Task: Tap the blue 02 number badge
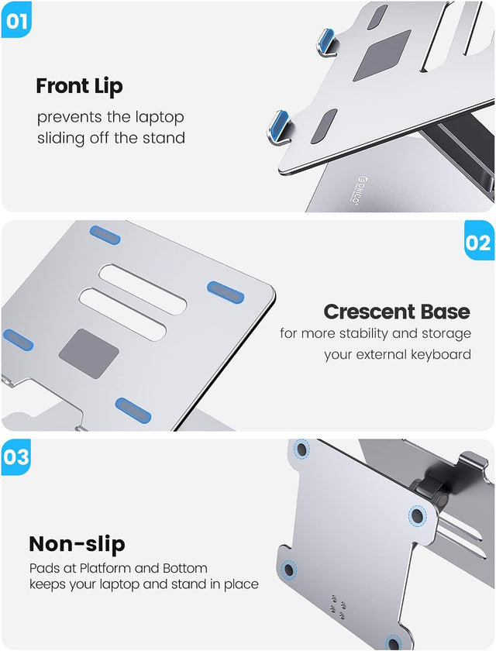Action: pyautogui.click(x=478, y=243)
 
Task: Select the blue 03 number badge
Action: pyautogui.click(x=16, y=457)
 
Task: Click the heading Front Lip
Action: pyautogui.click(x=79, y=86)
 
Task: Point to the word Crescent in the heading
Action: pyautogui.click(x=370, y=312)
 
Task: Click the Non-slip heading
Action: pyautogui.click(x=77, y=543)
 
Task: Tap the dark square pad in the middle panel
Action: pyautogui.click(x=89, y=353)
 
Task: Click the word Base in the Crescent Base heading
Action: pyautogui.click(x=445, y=312)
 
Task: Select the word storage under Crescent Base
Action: pyautogui.click(x=443, y=333)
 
